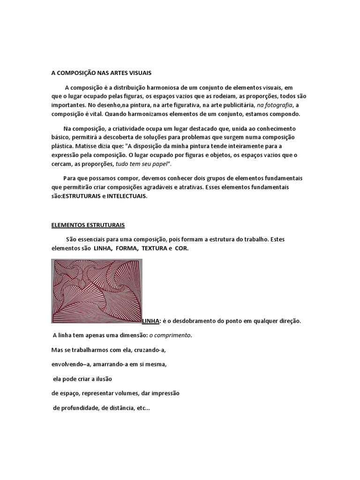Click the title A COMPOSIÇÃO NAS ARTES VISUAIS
pos(101,73)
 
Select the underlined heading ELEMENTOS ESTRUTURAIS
pos(88,225)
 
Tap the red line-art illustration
pos(97,291)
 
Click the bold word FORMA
pos(124,248)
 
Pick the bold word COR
pos(182,248)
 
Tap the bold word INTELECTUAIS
pos(127,197)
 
